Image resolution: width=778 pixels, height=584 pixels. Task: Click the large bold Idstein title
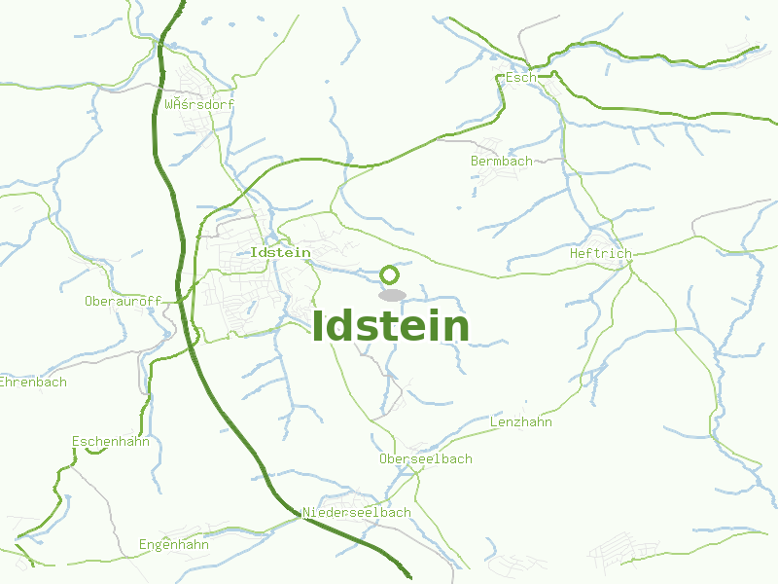tap(391, 327)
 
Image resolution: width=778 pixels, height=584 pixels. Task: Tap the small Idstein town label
tap(280, 252)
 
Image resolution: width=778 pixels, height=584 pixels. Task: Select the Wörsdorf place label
tap(199, 104)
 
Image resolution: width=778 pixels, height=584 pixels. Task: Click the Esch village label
tap(521, 77)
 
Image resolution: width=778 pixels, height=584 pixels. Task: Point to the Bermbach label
tap(501, 161)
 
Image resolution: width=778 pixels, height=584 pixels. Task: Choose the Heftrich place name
tap(600, 253)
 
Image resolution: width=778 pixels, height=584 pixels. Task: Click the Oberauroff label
tap(123, 301)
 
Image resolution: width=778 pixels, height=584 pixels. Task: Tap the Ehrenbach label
tap(32, 382)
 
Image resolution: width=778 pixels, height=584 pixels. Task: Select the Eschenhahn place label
tap(110, 441)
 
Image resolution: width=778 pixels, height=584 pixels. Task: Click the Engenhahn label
tap(174, 544)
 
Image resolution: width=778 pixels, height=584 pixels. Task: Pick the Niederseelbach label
tap(357, 512)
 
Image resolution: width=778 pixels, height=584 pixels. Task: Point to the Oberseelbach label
tap(425, 457)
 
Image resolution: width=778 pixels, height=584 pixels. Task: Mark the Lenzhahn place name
tap(520, 422)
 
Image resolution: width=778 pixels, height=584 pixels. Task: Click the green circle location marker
tap(390, 274)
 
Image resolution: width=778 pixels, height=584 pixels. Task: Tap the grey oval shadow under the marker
tap(391, 294)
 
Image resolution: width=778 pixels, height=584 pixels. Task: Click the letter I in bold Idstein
tap(319, 327)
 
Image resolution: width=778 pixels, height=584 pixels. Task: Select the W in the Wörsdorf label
tap(170, 104)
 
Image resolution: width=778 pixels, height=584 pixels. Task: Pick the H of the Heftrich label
tap(574, 253)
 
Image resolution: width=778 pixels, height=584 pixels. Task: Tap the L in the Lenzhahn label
tap(493, 422)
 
